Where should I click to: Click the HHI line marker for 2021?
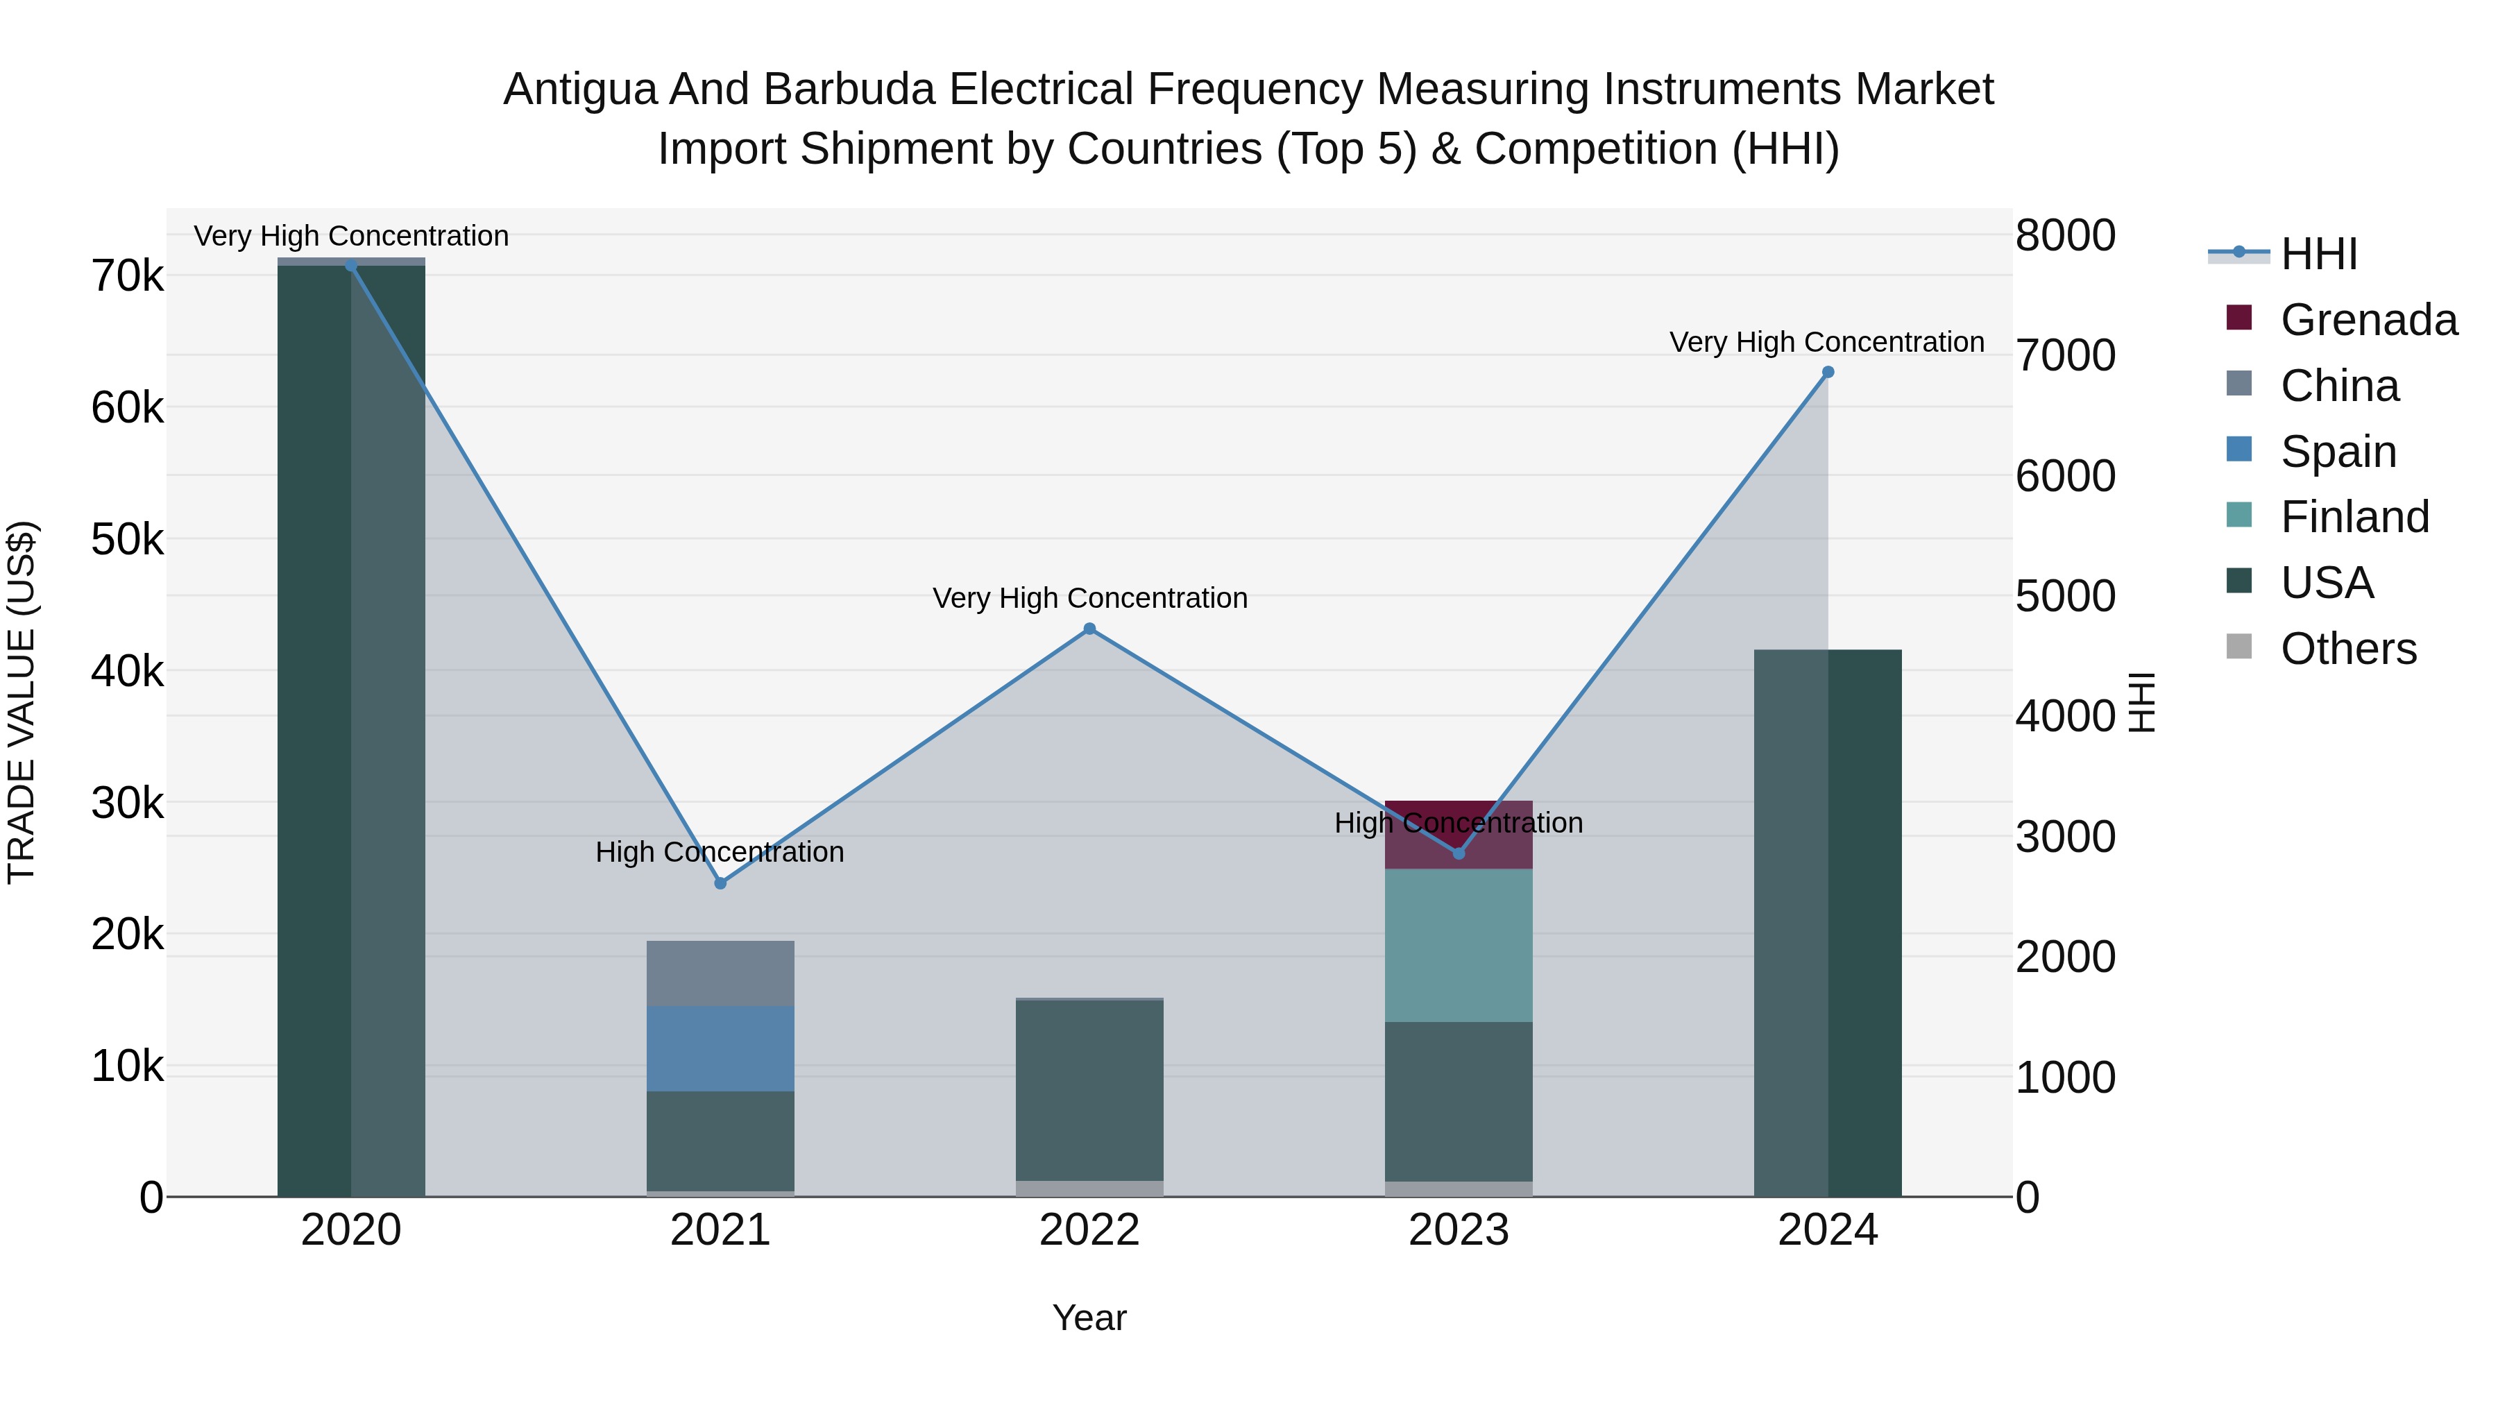coord(720,883)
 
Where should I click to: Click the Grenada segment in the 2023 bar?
coord(1459,835)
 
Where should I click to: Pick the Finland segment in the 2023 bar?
coord(1459,946)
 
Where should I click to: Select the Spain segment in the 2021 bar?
coord(720,1048)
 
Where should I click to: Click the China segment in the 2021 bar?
coord(720,973)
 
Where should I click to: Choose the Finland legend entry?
coord(2354,517)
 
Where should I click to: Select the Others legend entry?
coord(2347,649)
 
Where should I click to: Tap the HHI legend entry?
coord(2318,254)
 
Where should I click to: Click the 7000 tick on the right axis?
coord(2064,356)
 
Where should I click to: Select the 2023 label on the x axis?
coord(1459,1230)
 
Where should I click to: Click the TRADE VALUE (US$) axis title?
coord(22,702)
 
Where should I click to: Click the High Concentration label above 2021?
coord(720,852)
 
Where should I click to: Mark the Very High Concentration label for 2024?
coord(1826,342)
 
